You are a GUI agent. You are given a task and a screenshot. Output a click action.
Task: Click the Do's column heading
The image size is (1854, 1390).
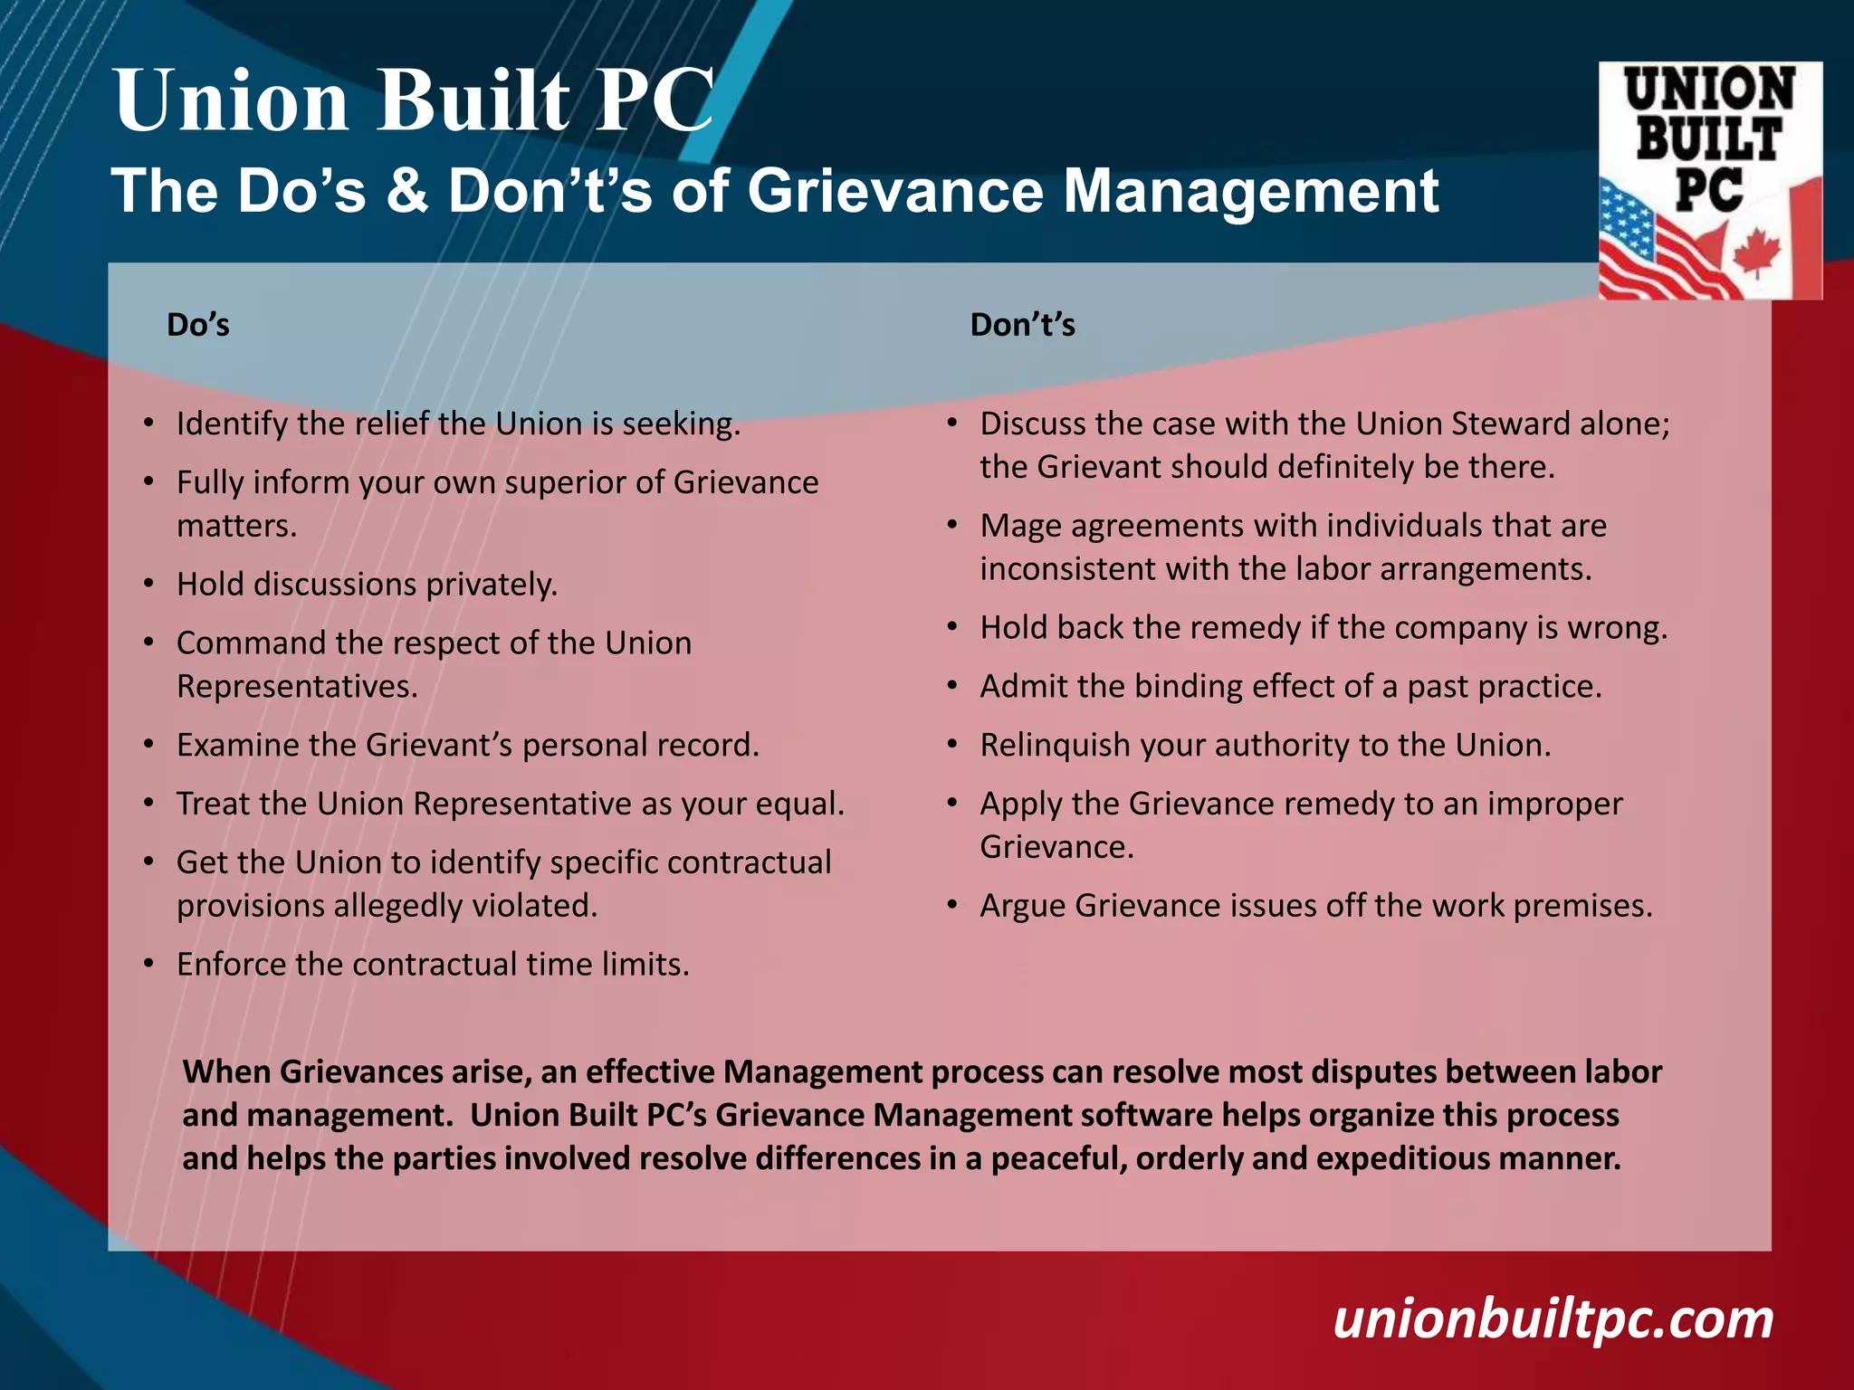198,325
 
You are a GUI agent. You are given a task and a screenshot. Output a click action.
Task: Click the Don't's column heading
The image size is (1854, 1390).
1022,325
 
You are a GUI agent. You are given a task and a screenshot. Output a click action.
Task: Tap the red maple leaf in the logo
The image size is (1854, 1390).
1756,252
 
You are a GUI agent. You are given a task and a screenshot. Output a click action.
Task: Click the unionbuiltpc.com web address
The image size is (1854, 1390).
1553,1319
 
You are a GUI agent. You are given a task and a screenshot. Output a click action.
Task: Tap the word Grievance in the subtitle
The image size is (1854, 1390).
894,191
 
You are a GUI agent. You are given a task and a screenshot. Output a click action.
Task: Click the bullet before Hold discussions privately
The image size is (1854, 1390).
148,585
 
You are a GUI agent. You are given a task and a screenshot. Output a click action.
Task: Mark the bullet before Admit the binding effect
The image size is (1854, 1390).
952,687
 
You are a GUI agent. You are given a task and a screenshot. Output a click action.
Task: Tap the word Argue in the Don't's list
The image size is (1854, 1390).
1022,907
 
